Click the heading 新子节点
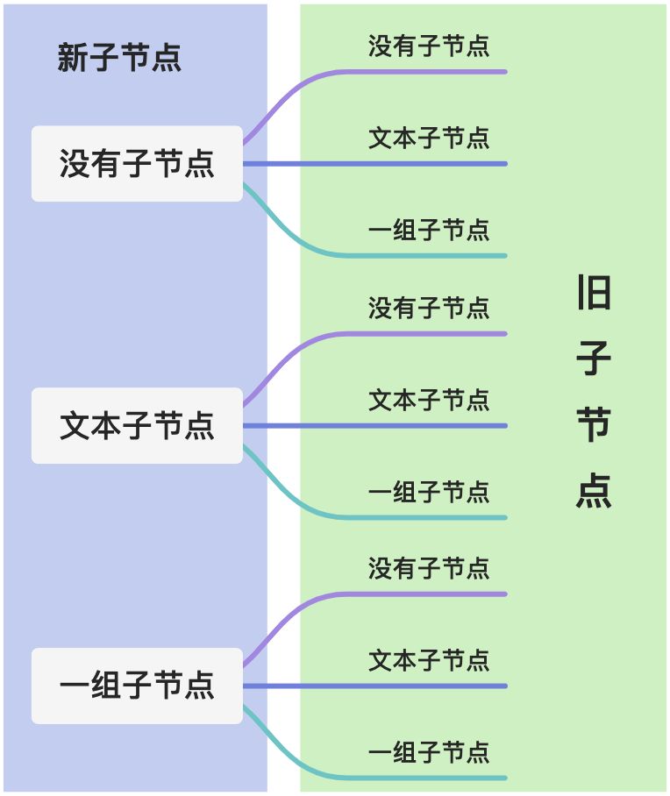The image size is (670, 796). tap(119, 58)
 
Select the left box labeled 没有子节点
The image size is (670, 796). tap(137, 164)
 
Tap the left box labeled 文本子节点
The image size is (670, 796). tap(137, 425)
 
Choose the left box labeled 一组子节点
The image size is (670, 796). tap(137, 686)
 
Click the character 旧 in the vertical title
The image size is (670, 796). tap(594, 293)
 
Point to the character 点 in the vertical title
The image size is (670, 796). tap(594, 491)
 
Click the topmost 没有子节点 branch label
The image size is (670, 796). tap(429, 46)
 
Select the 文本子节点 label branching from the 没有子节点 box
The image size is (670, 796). tap(429, 138)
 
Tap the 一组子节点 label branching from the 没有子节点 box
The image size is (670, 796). tap(429, 231)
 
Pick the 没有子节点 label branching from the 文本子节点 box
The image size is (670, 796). tap(429, 308)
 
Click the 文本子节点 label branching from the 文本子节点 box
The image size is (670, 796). tap(429, 400)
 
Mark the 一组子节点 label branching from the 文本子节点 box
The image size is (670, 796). tap(429, 492)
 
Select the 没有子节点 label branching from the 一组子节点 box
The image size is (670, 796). tap(429, 568)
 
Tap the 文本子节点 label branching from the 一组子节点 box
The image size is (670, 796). tap(429, 660)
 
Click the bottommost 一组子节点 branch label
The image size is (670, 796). tap(429, 752)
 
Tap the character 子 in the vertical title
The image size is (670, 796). tap(594, 359)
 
